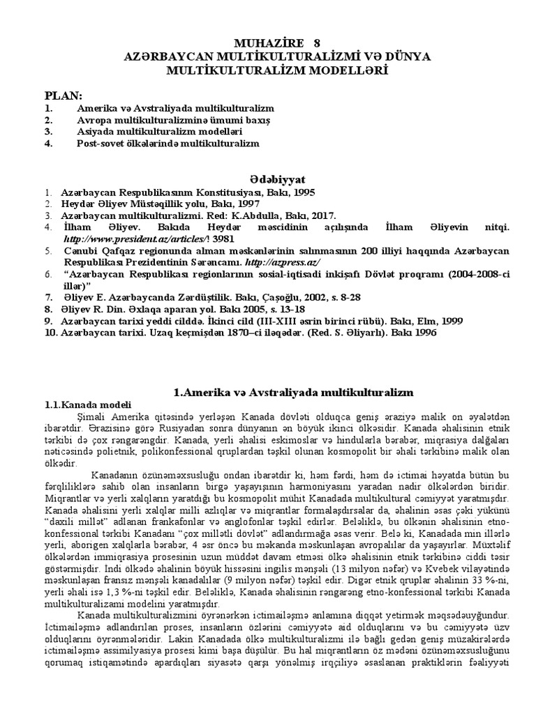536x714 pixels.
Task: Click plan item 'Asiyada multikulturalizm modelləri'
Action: point(159,132)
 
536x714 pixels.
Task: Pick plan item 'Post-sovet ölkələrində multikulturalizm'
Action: point(167,144)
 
